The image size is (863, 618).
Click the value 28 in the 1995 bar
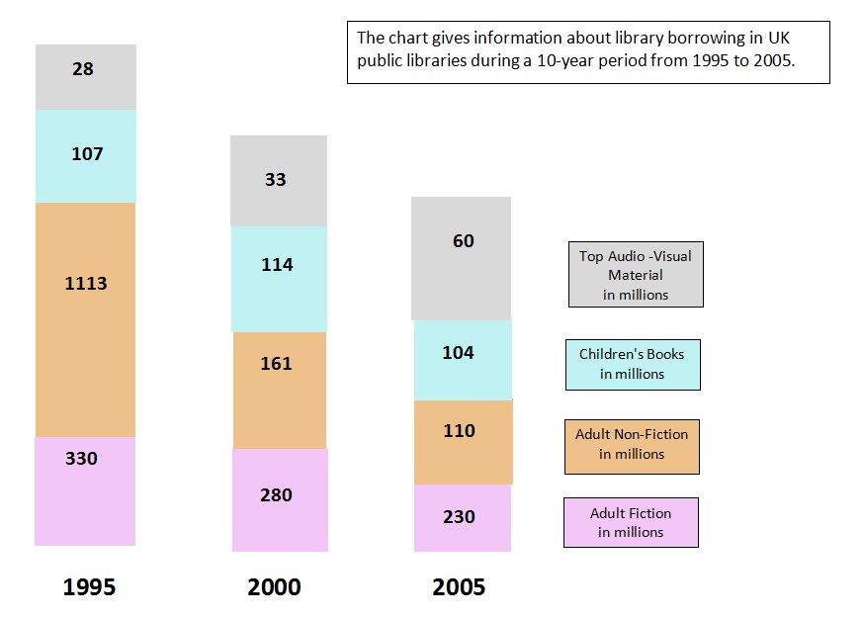(83, 69)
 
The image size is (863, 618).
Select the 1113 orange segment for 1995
(85, 284)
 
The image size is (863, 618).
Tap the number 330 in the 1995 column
(81, 459)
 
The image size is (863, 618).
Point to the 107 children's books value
(87, 154)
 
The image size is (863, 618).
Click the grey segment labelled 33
(276, 180)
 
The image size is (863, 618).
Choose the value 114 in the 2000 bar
(277, 265)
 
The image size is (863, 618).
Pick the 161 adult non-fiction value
(276, 364)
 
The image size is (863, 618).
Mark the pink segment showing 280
(276, 495)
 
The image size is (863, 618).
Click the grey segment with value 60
(463, 241)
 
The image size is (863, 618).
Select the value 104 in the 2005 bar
(458, 353)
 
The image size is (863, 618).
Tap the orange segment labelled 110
(459, 431)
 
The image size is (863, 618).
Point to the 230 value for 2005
(459, 517)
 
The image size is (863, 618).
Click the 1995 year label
(89, 587)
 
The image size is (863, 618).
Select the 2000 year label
(274, 587)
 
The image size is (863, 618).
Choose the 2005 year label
(459, 587)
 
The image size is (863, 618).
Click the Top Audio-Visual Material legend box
(636, 275)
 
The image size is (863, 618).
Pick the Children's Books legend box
(632, 364)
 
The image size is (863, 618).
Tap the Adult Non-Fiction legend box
(632, 444)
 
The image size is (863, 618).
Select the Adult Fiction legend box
(631, 522)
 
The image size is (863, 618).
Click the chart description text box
(588, 52)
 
